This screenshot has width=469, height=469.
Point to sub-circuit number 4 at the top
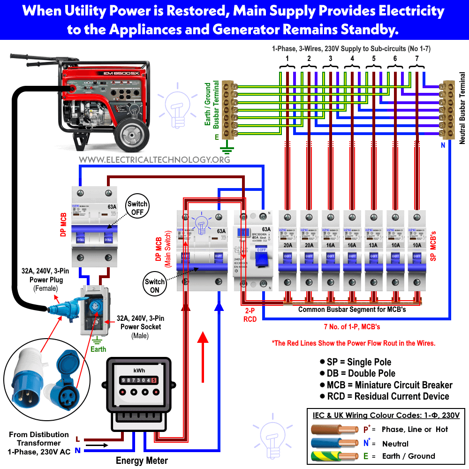[x=352, y=59]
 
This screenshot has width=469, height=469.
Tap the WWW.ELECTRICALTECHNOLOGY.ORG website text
[x=154, y=160]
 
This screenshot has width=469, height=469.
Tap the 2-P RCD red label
[x=250, y=315]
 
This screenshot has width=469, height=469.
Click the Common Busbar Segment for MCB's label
[x=352, y=310]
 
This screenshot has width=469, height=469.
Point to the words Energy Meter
[x=142, y=461]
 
